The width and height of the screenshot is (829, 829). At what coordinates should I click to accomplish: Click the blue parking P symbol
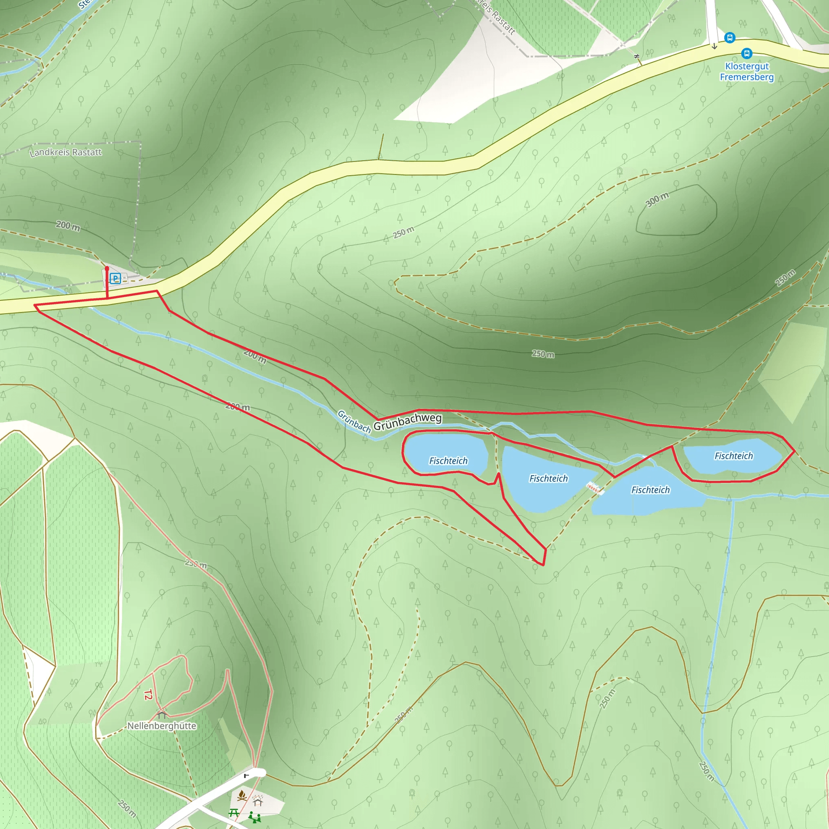pyautogui.click(x=115, y=278)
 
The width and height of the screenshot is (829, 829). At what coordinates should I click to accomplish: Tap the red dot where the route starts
pyautogui.click(x=107, y=269)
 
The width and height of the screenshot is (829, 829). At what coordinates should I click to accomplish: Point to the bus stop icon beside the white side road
pyautogui.click(x=729, y=38)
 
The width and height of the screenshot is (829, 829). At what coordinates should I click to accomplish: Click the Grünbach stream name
pyautogui.click(x=353, y=421)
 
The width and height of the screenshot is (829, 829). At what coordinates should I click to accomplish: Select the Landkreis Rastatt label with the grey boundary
pyautogui.click(x=66, y=152)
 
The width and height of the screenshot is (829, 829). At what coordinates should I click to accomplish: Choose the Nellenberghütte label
pyautogui.click(x=162, y=726)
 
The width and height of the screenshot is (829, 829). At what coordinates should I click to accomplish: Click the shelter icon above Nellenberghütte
pyautogui.click(x=162, y=714)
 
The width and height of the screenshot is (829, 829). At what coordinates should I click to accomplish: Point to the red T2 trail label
pyautogui.click(x=148, y=695)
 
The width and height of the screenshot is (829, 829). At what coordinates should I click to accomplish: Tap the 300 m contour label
pyautogui.click(x=657, y=200)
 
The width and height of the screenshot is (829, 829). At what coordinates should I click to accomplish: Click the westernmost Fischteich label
pyautogui.click(x=449, y=461)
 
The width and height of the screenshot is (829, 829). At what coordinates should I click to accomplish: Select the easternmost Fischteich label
pyautogui.click(x=733, y=456)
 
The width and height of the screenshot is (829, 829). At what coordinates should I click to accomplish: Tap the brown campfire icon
pyautogui.click(x=242, y=795)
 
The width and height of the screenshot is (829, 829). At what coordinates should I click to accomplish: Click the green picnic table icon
pyautogui.click(x=234, y=812)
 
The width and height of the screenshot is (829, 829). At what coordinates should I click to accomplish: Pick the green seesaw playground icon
pyautogui.click(x=255, y=817)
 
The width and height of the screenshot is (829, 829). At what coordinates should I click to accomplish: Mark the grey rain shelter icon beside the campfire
pyautogui.click(x=257, y=801)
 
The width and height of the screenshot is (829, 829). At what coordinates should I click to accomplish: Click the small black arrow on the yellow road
pyautogui.click(x=714, y=46)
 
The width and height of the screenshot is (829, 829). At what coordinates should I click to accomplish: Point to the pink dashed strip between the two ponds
pyautogui.click(x=595, y=488)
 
